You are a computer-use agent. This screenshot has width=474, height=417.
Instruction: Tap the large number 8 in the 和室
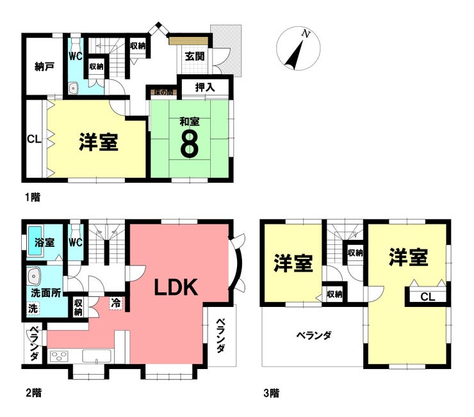[188, 145]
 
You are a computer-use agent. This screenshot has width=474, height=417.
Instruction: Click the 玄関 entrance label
[195, 56]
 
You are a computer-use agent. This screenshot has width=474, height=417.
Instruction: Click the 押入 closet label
[204, 87]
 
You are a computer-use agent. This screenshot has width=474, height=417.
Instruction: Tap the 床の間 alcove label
[162, 92]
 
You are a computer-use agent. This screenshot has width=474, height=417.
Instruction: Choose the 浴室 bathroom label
[44, 243]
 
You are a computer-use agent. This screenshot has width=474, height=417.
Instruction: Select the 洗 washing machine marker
[32, 308]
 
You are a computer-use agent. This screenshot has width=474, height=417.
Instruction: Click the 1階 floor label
[32, 197]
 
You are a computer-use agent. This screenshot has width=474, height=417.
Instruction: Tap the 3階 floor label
[270, 393]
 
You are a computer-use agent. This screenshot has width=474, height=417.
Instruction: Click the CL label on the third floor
[427, 296]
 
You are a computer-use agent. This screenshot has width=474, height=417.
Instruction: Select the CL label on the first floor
[34, 139]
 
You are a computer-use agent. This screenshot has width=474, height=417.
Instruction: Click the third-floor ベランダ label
[313, 335]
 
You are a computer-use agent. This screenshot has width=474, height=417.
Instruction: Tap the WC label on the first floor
[76, 56]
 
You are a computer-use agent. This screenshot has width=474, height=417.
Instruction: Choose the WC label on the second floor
[76, 243]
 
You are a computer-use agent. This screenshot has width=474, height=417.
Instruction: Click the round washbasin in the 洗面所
[35, 277]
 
